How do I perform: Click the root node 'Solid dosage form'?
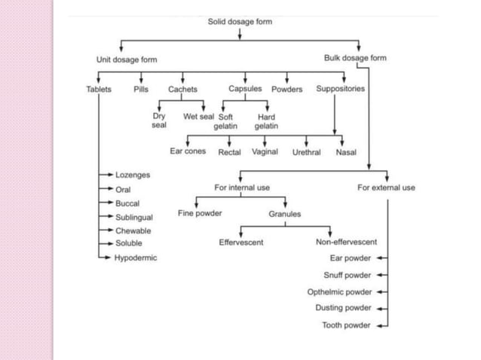[x=240, y=22]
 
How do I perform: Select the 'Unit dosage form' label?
[x=127, y=59]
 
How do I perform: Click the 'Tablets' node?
[x=98, y=89]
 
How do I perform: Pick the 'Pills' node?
[x=141, y=89]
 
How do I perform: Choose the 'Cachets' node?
[x=182, y=89]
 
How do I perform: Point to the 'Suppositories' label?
[x=340, y=89]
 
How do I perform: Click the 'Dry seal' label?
[x=159, y=121]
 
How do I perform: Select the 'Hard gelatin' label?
[x=266, y=121]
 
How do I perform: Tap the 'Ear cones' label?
[x=188, y=151]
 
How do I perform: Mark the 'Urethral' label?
[x=306, y=152]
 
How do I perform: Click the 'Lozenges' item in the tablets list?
[x=132, y=175]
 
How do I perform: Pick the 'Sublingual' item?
[x=133, y=217]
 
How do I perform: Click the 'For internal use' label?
[x=242, y=187]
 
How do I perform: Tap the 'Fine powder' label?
[x=200, y=213]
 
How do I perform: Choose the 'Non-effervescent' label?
[x=346, y=242]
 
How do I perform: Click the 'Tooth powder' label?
[x=346, y=325]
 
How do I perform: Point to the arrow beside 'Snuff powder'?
[x=381, y=275]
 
